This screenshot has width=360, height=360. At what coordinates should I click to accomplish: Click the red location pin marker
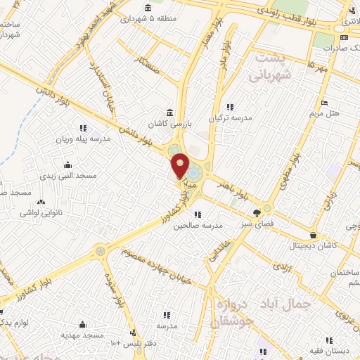(181, 166)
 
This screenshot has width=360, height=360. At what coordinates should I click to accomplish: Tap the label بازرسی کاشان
(169, 124)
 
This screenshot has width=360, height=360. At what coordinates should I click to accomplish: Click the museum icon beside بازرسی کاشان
(169, 112)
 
